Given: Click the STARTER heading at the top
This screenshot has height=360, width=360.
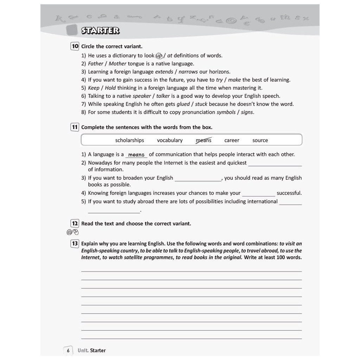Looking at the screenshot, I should [x=100, y=31].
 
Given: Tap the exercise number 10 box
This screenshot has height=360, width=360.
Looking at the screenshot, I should [x=75, y=46].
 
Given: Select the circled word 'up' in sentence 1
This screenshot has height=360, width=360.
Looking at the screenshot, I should [x=159, y=56].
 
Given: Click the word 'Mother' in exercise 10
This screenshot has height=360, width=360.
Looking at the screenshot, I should [x=117, y=64].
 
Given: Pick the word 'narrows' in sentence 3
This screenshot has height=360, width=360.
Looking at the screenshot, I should [x=188, y=72].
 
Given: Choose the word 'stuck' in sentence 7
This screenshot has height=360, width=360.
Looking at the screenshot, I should [x=201, y=104].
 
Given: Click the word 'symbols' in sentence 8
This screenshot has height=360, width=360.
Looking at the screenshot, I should [x=226, y=112].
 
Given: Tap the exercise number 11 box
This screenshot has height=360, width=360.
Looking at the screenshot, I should [x=75, y=127].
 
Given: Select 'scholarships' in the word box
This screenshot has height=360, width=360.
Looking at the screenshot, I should [x=129, y=140].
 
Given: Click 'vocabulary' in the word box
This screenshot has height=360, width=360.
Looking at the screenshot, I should [x=170, y=140].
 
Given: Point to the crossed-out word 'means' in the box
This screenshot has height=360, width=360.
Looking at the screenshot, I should [x=204, y=140].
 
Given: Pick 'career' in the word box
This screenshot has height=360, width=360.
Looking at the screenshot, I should [x=232, y=140].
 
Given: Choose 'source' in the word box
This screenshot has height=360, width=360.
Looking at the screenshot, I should [x=260, y=140].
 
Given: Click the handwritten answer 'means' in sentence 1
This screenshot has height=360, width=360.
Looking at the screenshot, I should [x=136, y=155].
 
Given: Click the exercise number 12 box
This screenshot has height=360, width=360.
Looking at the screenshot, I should [x=75, y=224].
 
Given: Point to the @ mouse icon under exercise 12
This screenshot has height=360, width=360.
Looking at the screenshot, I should [x=72, y=232].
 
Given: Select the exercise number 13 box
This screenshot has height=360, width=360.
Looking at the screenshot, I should [x=75, y=244].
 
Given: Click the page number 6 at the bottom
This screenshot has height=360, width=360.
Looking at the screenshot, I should [x=68, y=351].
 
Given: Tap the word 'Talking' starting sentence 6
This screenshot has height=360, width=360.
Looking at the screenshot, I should [x=96, y=96].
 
